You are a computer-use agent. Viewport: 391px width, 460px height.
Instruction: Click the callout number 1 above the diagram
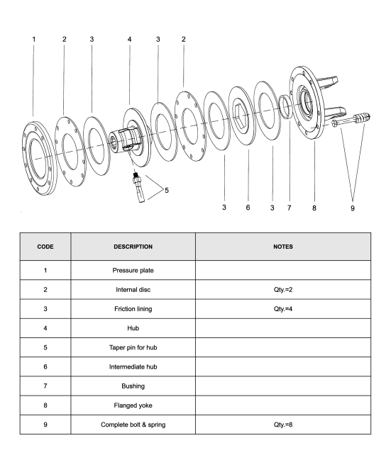[x=34, y=39]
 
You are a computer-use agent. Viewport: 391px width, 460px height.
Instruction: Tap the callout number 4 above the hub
[x=130, y=39]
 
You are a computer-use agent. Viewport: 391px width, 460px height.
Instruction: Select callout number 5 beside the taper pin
[x=167, y=191]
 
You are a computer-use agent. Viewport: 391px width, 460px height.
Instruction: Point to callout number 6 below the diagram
[x=248, y=208]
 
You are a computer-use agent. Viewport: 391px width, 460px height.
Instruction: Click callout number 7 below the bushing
[x=290, y=208]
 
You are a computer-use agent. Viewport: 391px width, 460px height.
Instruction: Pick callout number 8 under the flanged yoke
[x=314, y=208]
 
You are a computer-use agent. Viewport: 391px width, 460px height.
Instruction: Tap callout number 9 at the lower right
[x=353, y=208]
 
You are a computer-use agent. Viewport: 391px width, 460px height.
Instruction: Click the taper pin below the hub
[x=138, y=187]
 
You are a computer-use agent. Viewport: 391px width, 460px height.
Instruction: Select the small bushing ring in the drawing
[x=286, y=106]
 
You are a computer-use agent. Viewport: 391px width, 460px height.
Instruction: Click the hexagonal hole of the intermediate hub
[x=242, y=116]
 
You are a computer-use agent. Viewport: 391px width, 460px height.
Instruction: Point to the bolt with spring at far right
[x=351, y=119]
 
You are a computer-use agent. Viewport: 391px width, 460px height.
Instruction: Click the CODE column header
[x=45, y=247]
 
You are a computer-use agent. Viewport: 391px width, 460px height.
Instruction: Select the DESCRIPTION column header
[x=133, y=247]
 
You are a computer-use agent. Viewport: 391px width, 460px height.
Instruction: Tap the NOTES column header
[x=283, y=247]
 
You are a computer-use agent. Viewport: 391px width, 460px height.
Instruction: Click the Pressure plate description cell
[x=133, y=270]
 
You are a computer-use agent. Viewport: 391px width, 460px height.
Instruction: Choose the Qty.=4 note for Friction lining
[x=283, y=309]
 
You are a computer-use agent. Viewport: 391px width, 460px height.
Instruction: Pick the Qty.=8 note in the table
[x=283, y=425]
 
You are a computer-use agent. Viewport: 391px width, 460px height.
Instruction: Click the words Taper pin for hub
[x=133, y=347]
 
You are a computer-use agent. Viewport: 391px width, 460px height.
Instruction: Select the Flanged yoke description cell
[x=133, y=405]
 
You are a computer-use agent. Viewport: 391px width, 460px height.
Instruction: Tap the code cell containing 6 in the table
[x=45, y=366]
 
